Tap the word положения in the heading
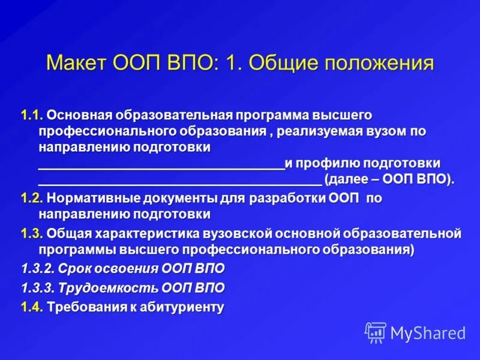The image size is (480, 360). coord(377,63)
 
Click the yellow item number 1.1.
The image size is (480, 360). coord(31,114)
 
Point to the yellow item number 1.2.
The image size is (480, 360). coord(31,197)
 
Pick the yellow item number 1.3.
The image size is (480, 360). coord(31,233)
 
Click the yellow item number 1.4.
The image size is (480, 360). coord(31,308)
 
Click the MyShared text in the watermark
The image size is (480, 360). coord(428,332)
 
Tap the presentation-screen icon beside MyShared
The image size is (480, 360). coord(376,332)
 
